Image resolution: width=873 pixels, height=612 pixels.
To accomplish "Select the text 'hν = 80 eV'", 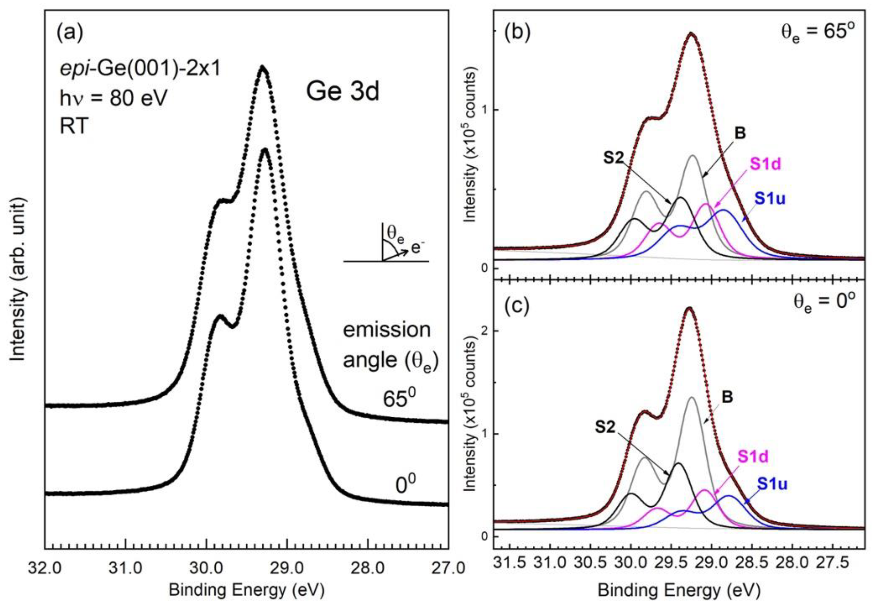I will (x=113, y=99).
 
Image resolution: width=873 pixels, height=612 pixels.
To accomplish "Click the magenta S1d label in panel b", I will (x=765, y=165).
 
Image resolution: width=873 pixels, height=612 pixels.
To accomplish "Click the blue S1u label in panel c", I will (x=772, y=484).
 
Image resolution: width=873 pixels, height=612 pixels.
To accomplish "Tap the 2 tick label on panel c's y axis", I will (x=484, y=331).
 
